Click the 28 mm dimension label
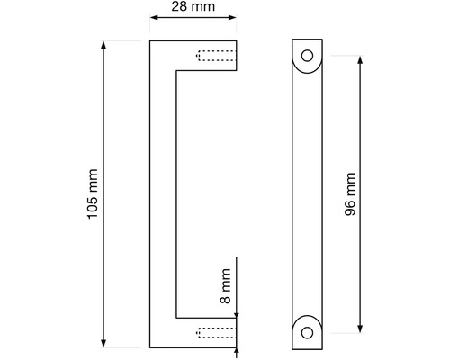(x=193, y=6)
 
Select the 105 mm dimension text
(x=93, y=194)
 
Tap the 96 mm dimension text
(x=350, y=194)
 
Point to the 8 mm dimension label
(x=226, y=286)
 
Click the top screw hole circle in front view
(x=307, y=56)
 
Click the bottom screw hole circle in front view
(x=307, y=333)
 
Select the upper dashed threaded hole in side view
(x=216, y=56)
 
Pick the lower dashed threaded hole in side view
(x=216, y=333)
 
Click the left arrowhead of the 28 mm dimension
(x=154, y=17)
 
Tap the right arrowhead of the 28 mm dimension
(x=232, y=17)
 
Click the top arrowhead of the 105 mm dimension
(x=103, y=45)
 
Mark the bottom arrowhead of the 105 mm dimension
(x=103, y=344)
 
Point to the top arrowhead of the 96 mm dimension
(x=360, y=60)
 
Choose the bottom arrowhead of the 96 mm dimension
(x=360, y=328)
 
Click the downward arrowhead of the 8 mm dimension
(x=237, y=315)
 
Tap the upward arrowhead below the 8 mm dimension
(x=237, y=351)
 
